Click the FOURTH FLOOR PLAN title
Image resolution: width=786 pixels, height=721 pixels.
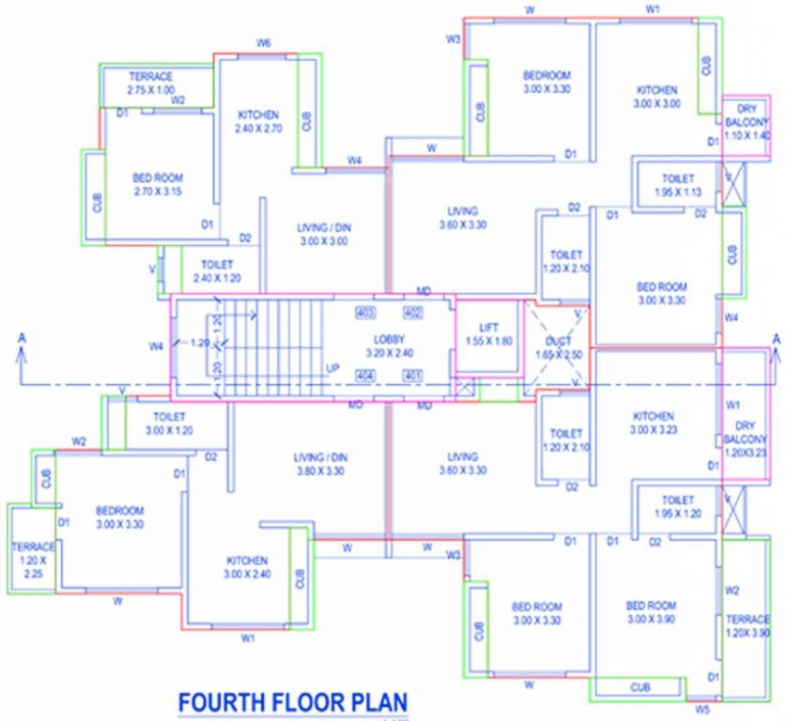(293, 702)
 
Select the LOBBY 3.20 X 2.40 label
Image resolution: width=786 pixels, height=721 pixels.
(388, 345)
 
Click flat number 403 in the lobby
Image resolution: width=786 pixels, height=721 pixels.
(365, 312)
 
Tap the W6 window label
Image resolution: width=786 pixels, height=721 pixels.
(264, 44)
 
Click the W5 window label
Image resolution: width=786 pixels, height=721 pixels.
(703, 710)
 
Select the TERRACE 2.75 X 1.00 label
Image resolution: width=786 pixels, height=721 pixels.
(150, 83)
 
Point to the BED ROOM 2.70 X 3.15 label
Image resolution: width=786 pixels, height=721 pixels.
(158, 184)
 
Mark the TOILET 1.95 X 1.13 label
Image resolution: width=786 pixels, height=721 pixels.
(677, 184)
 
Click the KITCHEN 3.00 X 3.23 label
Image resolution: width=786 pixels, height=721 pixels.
(654, 422)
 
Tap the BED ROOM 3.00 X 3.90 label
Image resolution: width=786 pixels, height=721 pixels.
(651, 613)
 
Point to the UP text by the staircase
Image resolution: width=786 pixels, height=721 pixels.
(331, 368)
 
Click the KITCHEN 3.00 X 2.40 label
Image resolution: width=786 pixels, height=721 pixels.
(248, 566)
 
